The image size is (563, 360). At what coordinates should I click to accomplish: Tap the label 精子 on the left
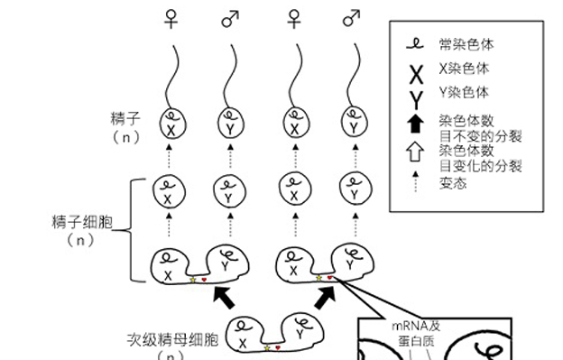(x=124, y=118)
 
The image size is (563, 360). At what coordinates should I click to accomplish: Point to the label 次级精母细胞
(x=173, y=341)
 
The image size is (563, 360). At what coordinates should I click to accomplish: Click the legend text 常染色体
(x=466, y=43)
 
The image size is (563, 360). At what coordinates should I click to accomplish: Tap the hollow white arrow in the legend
(x=416, y=152)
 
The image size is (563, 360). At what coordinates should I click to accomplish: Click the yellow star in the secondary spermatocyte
(x=266, y=346)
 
